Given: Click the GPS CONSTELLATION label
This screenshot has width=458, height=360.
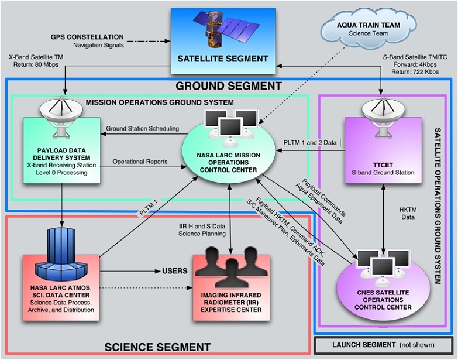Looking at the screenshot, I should [x=86, y=36].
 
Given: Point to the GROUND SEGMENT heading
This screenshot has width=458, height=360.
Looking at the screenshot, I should [x=228, y=86].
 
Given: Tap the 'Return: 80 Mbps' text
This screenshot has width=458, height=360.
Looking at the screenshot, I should [x=32, y=66].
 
